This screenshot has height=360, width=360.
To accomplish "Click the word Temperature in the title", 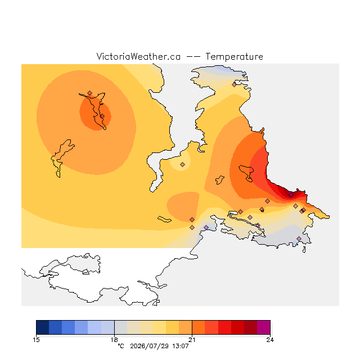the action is [x=234, y=56].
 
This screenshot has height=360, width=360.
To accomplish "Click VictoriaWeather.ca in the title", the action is [x=138, y=56].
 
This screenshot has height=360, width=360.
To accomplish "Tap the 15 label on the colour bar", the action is [x=36, y=340].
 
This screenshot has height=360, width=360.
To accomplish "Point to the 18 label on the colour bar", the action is [x=114, y=340].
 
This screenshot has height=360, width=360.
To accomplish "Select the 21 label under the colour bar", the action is [x=192, y=340].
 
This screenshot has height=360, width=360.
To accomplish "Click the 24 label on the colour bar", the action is [x=270, y=340].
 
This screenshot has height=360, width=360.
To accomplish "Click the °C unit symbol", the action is [x=121, y=346].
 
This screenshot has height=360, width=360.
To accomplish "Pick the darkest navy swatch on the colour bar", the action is [x=43, y=327].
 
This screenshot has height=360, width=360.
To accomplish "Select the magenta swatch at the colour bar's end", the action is [x=264, y=327].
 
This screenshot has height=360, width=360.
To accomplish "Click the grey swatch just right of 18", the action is [x=121, y=327].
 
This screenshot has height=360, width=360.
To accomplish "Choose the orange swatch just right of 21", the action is [x=199, y=327].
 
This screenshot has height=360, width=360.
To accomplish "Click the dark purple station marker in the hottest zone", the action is [x=291, y=195].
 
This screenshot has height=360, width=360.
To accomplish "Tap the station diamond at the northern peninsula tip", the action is [x=234, y=85].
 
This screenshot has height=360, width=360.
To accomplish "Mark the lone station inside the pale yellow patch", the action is [x=182, y=164].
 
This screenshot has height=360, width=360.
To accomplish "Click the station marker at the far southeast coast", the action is [x=299, y=238].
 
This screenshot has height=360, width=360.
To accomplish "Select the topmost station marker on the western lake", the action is [x=89, y=93].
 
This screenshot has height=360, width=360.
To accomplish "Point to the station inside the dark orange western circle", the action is [x=102, y=116].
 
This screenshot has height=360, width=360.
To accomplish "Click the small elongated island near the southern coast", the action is [x=164, y=219].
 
